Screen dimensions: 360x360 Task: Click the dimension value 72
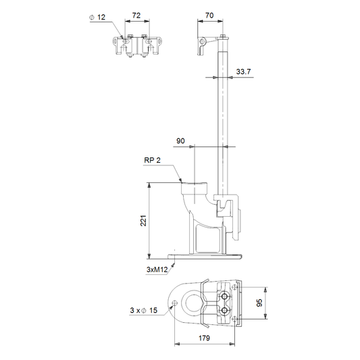(136, 16)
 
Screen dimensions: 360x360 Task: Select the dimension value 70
(209, 16)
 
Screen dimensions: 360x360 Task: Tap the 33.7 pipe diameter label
(243, 72)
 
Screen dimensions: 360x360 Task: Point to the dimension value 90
(180, 140)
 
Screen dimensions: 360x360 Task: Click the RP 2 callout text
(152, 160)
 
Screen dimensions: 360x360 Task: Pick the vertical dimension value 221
(143, 221)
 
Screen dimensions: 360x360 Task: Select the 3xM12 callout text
(157, 269)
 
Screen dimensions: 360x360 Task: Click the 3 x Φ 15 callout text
(143, 311)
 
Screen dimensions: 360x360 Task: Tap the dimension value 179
(204, 338)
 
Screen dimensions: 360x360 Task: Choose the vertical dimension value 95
(259, 303)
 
